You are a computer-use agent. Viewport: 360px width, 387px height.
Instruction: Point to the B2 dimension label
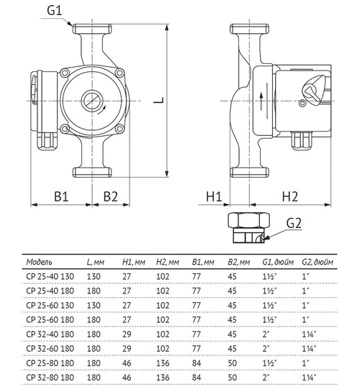(x=110, y=196)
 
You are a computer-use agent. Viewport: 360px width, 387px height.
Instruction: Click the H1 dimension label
(x=215, y=196)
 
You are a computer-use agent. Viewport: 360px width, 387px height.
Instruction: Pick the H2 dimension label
(x=289, y=196)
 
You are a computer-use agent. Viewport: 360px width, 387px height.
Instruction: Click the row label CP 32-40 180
(x=48, y=334)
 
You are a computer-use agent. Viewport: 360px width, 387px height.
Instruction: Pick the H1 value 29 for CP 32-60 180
(x=127, y=349)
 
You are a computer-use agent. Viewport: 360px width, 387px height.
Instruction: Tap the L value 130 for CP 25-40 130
(x=93, y=276)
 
